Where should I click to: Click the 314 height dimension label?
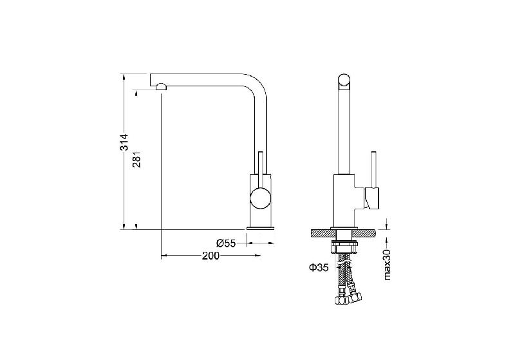point(124,142)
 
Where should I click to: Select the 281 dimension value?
point(136,159)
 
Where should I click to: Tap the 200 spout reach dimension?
point(211,256)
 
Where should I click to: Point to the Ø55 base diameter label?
point(226,243)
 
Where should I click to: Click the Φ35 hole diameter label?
point(319,268)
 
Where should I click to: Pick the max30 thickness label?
point(388,265)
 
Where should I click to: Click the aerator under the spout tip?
point(162,87)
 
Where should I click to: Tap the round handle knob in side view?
point(261,198)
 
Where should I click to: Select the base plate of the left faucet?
point(261,228)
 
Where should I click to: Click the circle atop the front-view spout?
point(344,81)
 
